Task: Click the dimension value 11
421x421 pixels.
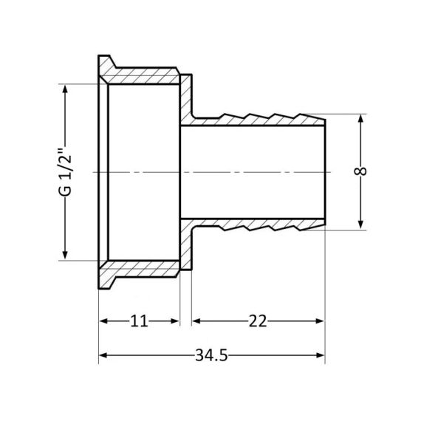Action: (x=140, y=321)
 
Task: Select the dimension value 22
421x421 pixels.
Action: (x=257, y=321)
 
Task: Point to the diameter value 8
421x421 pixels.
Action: (x=361, y=171)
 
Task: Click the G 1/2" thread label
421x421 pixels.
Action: (x=66, y=172)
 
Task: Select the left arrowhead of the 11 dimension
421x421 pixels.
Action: (x=103, y=321)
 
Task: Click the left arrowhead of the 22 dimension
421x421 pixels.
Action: (x=196, y=321)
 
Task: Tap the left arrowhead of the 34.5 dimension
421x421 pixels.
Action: (x=103, y=357)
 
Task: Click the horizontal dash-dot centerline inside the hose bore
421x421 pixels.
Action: (x=251, y=172)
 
